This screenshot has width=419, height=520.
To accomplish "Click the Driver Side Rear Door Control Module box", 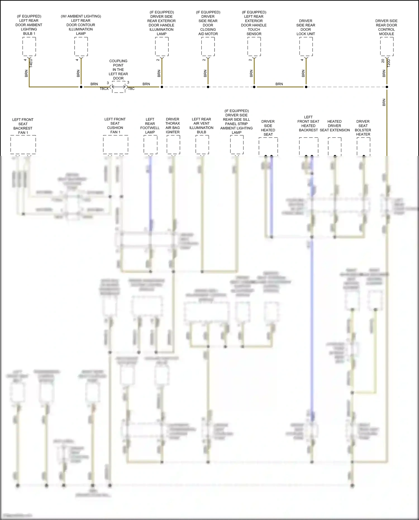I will (x=387, y=46).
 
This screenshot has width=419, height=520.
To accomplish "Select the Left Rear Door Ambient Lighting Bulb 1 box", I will (x=29, y=46).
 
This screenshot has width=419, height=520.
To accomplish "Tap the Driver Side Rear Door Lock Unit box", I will (x=306, y=46).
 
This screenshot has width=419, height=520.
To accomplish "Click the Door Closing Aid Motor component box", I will (x=208, y=46).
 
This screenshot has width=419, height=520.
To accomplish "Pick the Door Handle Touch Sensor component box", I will (x=254, y=46).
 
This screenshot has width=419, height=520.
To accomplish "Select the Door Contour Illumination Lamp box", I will (x=81, y=46).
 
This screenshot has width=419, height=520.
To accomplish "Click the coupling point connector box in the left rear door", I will (x=118, y=87).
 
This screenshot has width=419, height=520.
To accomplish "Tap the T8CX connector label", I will (x=104, y=89).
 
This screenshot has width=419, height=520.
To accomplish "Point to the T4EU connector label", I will (x=31, y=63).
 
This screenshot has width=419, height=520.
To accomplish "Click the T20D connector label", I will (x=389, y=63).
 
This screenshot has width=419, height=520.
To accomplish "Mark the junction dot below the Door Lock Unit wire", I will (x=306, y=87).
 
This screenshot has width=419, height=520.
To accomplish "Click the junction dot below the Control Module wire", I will (x=387, y=87).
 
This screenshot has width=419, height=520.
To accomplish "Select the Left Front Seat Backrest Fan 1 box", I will (x=23, y=144).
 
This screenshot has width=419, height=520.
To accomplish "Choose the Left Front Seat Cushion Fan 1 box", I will (x=115, y=144).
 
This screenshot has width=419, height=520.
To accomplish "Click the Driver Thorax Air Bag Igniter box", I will (x=173, y=144).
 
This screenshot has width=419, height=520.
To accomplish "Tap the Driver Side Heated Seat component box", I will (x=268, y=146).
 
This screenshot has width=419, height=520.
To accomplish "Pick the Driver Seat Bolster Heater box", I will (x=363, y=146).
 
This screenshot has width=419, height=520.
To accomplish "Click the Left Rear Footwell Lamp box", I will (x=150, y=144).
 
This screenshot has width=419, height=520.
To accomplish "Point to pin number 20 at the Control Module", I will (x=383, y=61).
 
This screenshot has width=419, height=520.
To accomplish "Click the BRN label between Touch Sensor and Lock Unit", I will (x=279, y=84).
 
